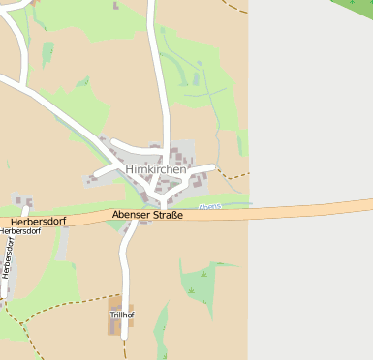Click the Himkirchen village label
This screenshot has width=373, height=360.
click(156, 169)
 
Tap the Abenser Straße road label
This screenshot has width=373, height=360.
click(147, 215)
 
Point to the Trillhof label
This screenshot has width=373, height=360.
click(121, 315)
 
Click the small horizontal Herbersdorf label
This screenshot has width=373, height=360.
click(20, 231)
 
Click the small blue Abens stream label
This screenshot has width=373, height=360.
click(209, 206)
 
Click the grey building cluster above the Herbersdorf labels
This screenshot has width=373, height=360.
click(22, 202)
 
